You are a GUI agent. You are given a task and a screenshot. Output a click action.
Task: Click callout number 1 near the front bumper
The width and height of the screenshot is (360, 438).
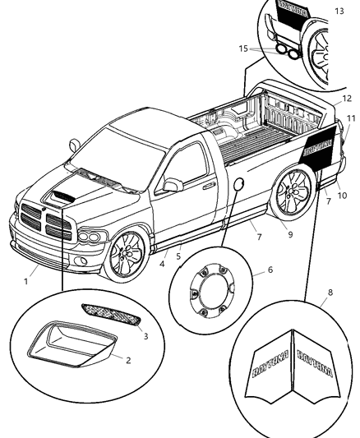pos(25,282)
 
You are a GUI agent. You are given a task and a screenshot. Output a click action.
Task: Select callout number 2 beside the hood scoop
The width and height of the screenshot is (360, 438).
pos(127,358)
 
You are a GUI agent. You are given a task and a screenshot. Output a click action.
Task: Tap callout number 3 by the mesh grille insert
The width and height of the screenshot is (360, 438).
pos(145,336)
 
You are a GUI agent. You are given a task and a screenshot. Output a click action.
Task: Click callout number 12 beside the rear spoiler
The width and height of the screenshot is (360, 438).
pos(346,98)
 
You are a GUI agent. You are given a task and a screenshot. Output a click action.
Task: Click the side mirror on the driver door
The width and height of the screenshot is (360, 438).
pos(173,185)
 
